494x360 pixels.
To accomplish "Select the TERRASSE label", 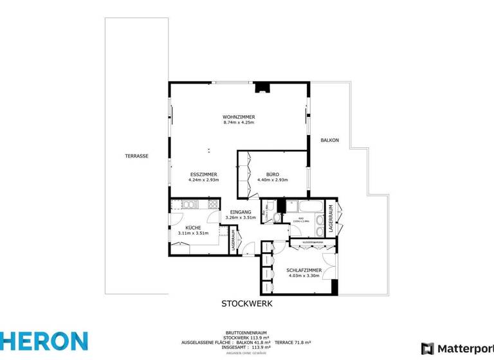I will [137, 156].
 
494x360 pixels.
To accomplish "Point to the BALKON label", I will [330, 140].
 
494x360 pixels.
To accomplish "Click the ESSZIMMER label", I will [203, 174].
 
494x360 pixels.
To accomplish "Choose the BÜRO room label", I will [272, 174].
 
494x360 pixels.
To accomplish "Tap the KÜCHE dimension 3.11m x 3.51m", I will [194, 233].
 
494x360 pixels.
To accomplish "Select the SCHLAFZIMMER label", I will [304, 271].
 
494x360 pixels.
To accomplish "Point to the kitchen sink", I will [189, 205].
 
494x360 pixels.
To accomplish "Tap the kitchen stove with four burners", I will [212, 205].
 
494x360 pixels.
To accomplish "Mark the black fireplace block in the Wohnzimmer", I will [262, 87].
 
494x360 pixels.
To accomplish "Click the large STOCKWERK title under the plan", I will [247, 303].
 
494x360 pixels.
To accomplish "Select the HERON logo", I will [44, 341].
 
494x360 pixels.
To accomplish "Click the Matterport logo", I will [457, 348].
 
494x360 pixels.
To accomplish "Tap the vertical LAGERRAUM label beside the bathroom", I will [331, 217].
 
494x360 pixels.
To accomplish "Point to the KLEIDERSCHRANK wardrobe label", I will [311, 242].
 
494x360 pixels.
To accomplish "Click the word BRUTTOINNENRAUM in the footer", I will [246, 331].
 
